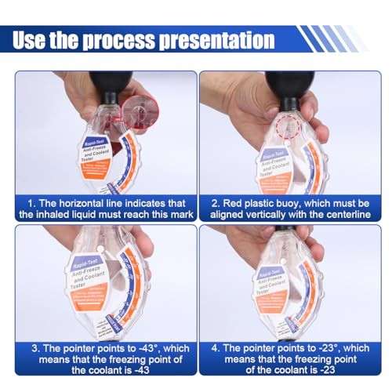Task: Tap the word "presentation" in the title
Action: (x=217, y=39)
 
